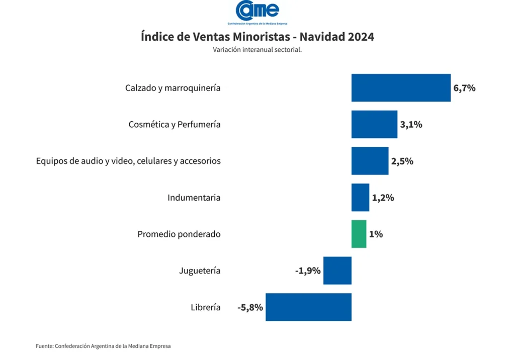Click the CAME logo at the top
[x=257, y=12]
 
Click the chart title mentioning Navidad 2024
[x=257, y=37]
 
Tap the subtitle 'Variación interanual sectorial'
[x=257, y=50]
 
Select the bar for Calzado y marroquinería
[x=401, y=88]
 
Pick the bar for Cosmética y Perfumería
[x=374, y=124]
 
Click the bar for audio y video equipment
[x=370, y=161]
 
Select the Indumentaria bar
[x=360, y=198]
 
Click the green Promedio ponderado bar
[x=359, y=234]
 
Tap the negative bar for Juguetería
[x=337, y=271]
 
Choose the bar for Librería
[x=308, y=307]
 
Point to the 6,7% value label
[x=464, y=88]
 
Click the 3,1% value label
[x=411, y=125]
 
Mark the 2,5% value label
[x=402, y=161]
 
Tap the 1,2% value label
[x=383, y=198]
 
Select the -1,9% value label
[x=308, y=271]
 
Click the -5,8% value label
[x=250, y=307]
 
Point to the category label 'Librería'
[x=205, y=307]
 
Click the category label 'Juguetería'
[x=200, y=271]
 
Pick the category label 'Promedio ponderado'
[x=179, y=234]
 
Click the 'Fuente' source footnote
[x=103, y=346]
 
